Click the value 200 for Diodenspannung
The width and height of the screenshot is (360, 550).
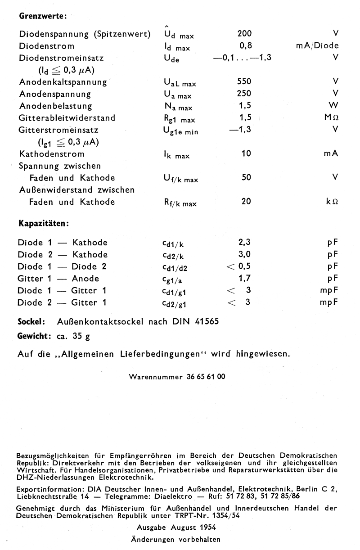tap(244, 34)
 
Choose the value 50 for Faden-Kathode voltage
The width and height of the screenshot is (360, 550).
tap(246, 178)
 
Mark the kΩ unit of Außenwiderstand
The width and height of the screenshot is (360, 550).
tap(332, 202)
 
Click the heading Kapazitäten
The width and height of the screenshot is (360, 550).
tap(43, 223)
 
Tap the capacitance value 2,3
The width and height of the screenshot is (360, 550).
tap(244, 243)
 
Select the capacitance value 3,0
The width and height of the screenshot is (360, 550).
tap(244, 255)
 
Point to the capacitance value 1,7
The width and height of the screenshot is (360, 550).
tap(244, 279)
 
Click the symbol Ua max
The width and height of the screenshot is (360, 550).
tap(178, 95)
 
